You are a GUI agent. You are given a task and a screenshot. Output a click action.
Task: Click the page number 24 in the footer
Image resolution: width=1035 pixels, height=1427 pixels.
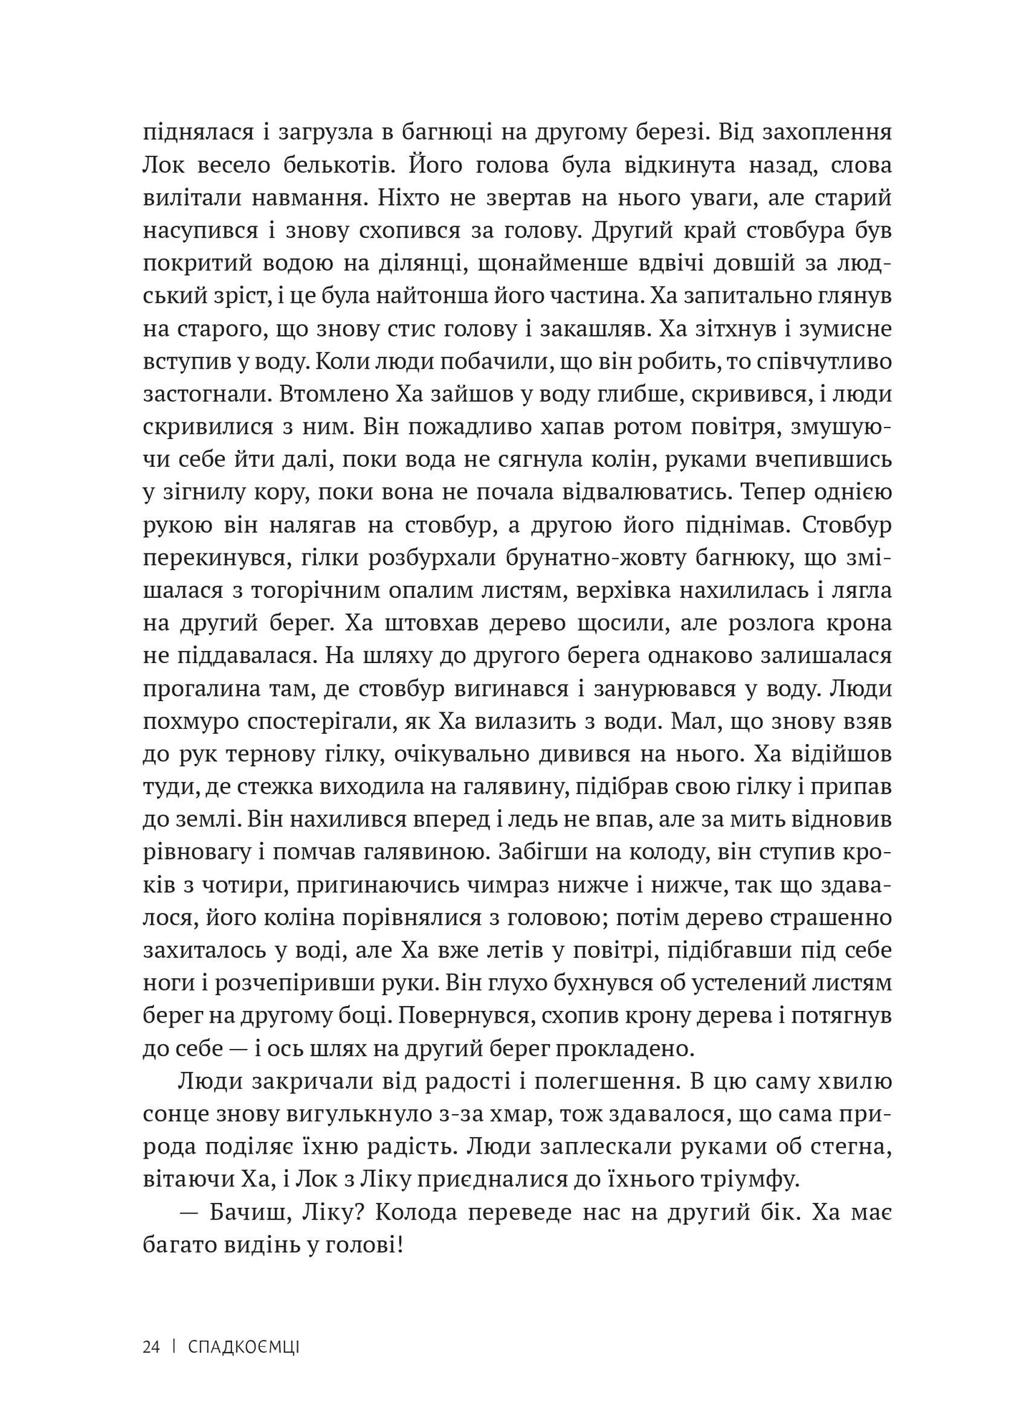coord(150,1348)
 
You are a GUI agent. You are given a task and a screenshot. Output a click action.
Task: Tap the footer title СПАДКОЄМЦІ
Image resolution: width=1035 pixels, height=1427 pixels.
coord(244,1348)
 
